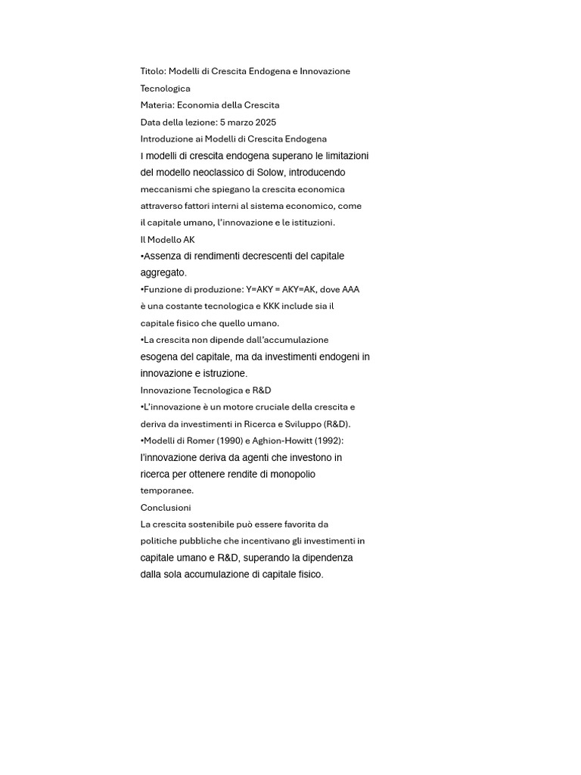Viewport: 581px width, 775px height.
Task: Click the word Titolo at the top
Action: coord(152,71)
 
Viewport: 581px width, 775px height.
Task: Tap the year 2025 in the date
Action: coord(266,122)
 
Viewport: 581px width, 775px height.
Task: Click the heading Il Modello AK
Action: coord(168,239)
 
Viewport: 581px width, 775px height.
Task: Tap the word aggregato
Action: coord(163,272)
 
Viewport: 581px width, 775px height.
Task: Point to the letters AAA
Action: coord(350,289)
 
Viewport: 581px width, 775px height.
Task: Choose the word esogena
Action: coord(161,356)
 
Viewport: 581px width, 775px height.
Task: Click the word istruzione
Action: coord(222,373)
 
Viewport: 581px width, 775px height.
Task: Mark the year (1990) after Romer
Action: coord(225,440)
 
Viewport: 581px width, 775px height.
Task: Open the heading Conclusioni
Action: coord(166,507)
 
